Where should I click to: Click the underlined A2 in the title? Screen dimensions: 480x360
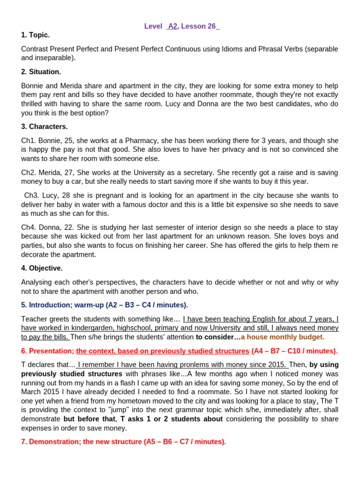click(172, 26)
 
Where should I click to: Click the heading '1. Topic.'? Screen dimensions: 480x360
click(35, 35)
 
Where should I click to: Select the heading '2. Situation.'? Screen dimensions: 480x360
click(41, 72)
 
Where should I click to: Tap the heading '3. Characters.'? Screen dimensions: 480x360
click(45, 127)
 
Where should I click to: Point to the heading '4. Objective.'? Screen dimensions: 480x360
click(42, 268)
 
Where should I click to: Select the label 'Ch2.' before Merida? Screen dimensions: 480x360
click(28, 172)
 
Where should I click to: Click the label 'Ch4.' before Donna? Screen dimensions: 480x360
click(28, 227)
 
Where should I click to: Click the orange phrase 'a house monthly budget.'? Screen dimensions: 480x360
click(282, 337)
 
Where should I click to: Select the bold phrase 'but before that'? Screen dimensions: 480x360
click(90, 419)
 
